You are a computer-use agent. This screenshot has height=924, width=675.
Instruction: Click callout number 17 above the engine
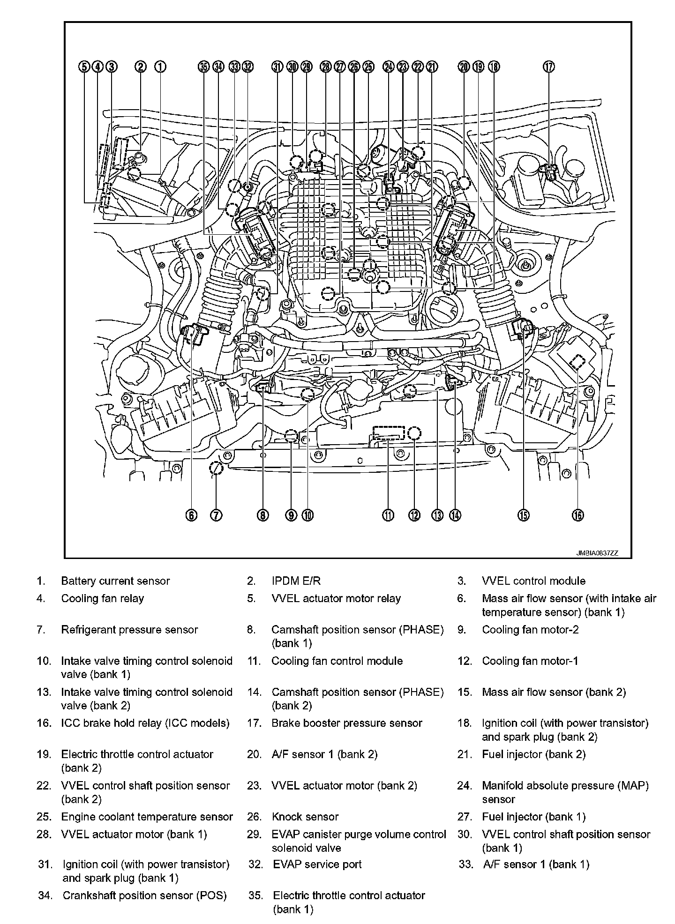coord(549,67)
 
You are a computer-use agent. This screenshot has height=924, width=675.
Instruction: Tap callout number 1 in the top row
coord(160,67)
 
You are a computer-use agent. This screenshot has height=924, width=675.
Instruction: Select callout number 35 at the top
coord(203,67)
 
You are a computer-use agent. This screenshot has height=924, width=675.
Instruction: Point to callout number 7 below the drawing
coord(216,515)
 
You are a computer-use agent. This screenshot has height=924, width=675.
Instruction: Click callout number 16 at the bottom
coord(577,515)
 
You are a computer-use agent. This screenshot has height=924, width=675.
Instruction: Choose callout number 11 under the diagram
coord(388,515)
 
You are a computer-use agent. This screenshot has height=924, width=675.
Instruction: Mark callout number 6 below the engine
coord(191,515)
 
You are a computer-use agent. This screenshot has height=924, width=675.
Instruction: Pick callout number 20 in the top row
coord(464,67)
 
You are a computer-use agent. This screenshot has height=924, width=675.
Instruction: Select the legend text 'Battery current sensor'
coord(115,581)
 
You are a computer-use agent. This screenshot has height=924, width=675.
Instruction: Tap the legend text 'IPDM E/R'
coord(296,581)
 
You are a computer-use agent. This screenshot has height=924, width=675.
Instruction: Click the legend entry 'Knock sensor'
coord(305,817)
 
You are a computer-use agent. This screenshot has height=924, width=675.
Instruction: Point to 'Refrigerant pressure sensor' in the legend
coord(129,630)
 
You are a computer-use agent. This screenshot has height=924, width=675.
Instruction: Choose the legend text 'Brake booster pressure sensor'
coord(347,723)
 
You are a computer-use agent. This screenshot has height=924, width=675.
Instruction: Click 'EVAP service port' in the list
coord(317,864)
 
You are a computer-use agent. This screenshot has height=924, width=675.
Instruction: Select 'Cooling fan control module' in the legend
coord(337,661)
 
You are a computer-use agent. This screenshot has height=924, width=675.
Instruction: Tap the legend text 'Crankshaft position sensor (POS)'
coord(144,896)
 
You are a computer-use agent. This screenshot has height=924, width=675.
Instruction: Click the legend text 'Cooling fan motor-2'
coord(530,630)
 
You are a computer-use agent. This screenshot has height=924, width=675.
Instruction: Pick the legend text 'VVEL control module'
coord(533,581)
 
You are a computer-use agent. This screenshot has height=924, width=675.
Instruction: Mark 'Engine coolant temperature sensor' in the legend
coord(147,817)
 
